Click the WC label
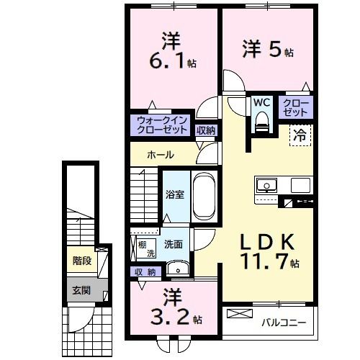coord(260,103)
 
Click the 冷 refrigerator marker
coord(299,134)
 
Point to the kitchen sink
coord(266,185)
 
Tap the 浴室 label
coord(174,194)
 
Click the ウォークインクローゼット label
coord(161,125)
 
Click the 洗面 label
coord(173,244)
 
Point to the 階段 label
coord(81,261)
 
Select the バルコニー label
coord(284,322)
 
